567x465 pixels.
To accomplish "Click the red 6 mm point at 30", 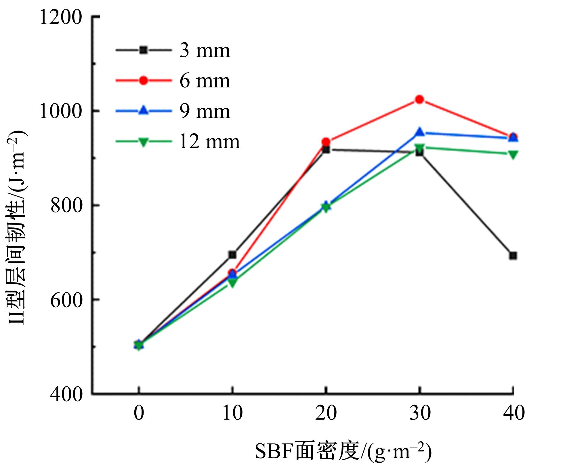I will click(419, 100).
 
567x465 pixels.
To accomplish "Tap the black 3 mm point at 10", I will click(232, 255).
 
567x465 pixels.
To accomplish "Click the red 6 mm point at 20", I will click(326, 142).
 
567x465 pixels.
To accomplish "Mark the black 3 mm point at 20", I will click(326, 150).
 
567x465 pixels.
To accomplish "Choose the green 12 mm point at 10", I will click(232, 283).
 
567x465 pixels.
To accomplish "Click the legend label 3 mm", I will click(205, 51).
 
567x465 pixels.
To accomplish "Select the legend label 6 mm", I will click(205, 81).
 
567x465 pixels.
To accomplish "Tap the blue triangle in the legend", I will click(143, 111).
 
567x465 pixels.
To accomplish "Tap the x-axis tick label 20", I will click(326, 413).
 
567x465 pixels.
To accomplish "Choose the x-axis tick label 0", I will click(139, 413).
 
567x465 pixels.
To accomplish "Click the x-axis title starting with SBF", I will click(343, 451).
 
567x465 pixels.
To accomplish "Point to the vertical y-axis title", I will click(17, 227).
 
